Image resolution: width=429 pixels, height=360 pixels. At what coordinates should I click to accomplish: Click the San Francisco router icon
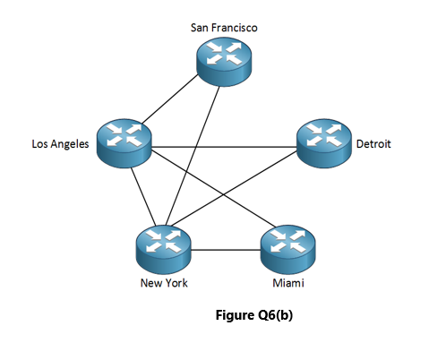[224, 58]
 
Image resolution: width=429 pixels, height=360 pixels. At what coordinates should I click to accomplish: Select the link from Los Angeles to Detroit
[224, 144]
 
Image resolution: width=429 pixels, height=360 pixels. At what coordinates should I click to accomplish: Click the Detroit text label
[374, 143]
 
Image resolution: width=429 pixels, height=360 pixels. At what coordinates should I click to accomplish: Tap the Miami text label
[287, 284]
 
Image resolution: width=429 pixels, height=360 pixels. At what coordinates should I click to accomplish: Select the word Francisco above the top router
[235, 28]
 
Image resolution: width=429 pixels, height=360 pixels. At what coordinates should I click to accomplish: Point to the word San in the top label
[200, 28]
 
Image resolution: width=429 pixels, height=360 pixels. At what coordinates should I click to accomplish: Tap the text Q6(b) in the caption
[274, 315]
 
